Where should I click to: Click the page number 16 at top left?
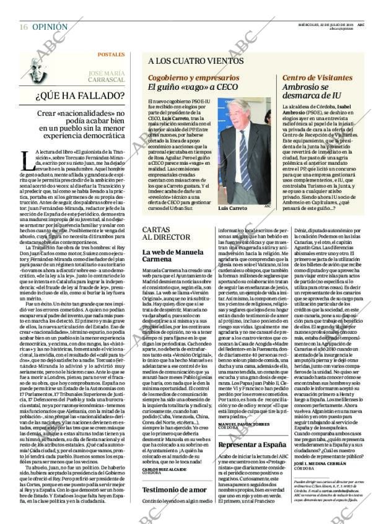(23, 27)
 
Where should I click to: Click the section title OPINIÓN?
(50, 27)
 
